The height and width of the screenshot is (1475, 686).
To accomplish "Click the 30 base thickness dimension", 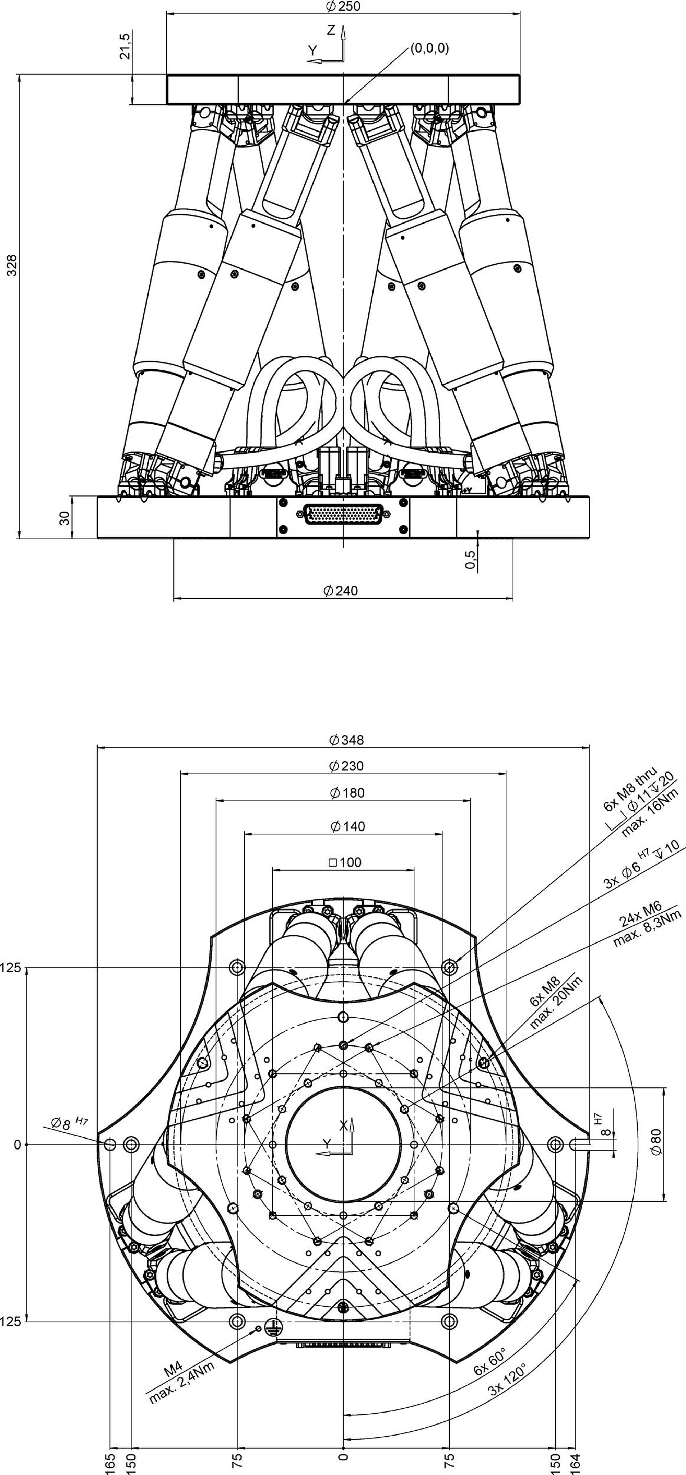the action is coord(64,518).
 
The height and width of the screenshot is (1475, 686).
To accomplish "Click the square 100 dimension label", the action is coord(346,862).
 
